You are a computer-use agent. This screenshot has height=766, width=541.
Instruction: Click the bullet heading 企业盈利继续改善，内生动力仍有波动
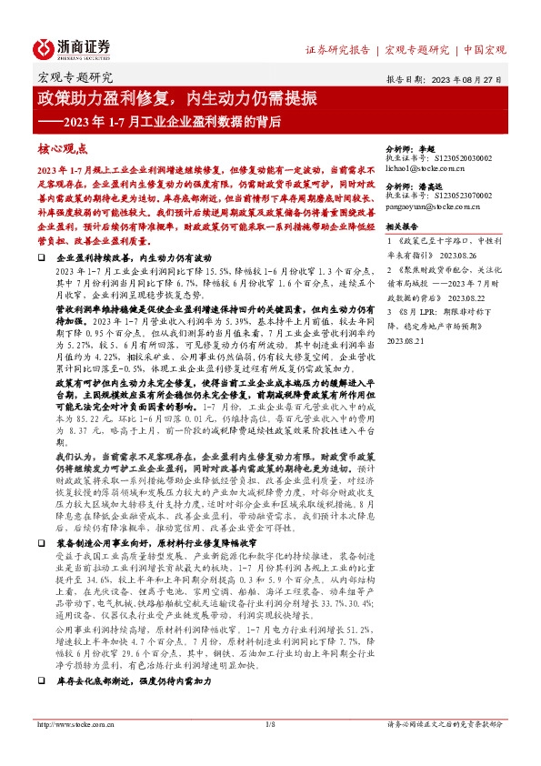139,259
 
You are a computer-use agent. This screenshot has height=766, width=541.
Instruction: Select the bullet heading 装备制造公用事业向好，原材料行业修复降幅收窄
163,541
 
